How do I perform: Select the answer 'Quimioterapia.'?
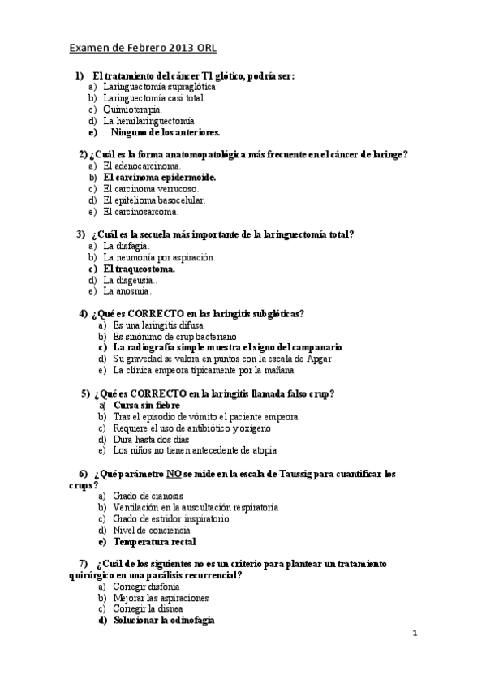coord(133,109)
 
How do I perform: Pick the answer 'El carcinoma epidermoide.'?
coord(160,176)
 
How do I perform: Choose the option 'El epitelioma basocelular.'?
coord(154,200)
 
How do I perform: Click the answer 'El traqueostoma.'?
coord(140,269)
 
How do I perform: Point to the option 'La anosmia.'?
coord(127,290)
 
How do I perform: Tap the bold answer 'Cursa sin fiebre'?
coord(147,405)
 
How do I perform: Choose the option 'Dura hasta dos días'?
coord(151,439)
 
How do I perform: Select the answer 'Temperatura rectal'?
coord(154,541)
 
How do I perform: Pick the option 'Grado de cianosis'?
coord(148,496)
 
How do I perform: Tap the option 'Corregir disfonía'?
coord(147,586)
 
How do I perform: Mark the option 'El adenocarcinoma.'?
coord(142,165)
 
